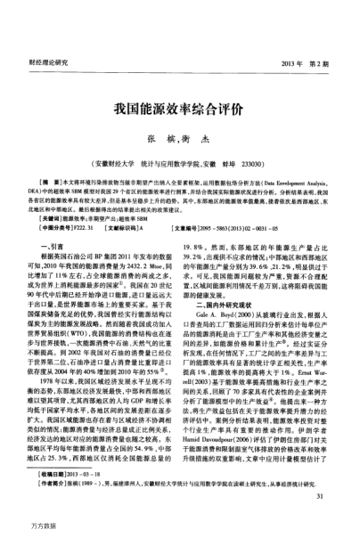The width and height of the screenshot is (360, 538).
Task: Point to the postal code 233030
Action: [273, 128]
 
